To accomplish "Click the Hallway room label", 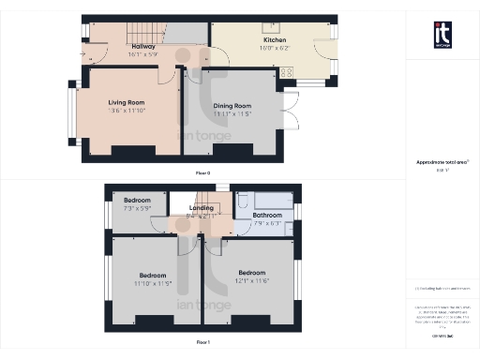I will click(x=143, y=46).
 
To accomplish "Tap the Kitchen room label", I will click(x=275, y=41).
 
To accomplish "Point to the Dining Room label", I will click(x=231, y=107).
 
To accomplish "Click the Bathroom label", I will click(x=267, y=215).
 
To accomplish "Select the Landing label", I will click(x=202, y=208).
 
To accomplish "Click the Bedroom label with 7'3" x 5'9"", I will click(x=137, y=200).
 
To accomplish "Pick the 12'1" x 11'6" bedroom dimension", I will click(x=252, y=280).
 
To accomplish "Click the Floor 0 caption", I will click(x=202, y=172).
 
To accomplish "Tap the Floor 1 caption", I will click(x=202, y=342).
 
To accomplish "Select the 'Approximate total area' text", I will click(x=440, y=162).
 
